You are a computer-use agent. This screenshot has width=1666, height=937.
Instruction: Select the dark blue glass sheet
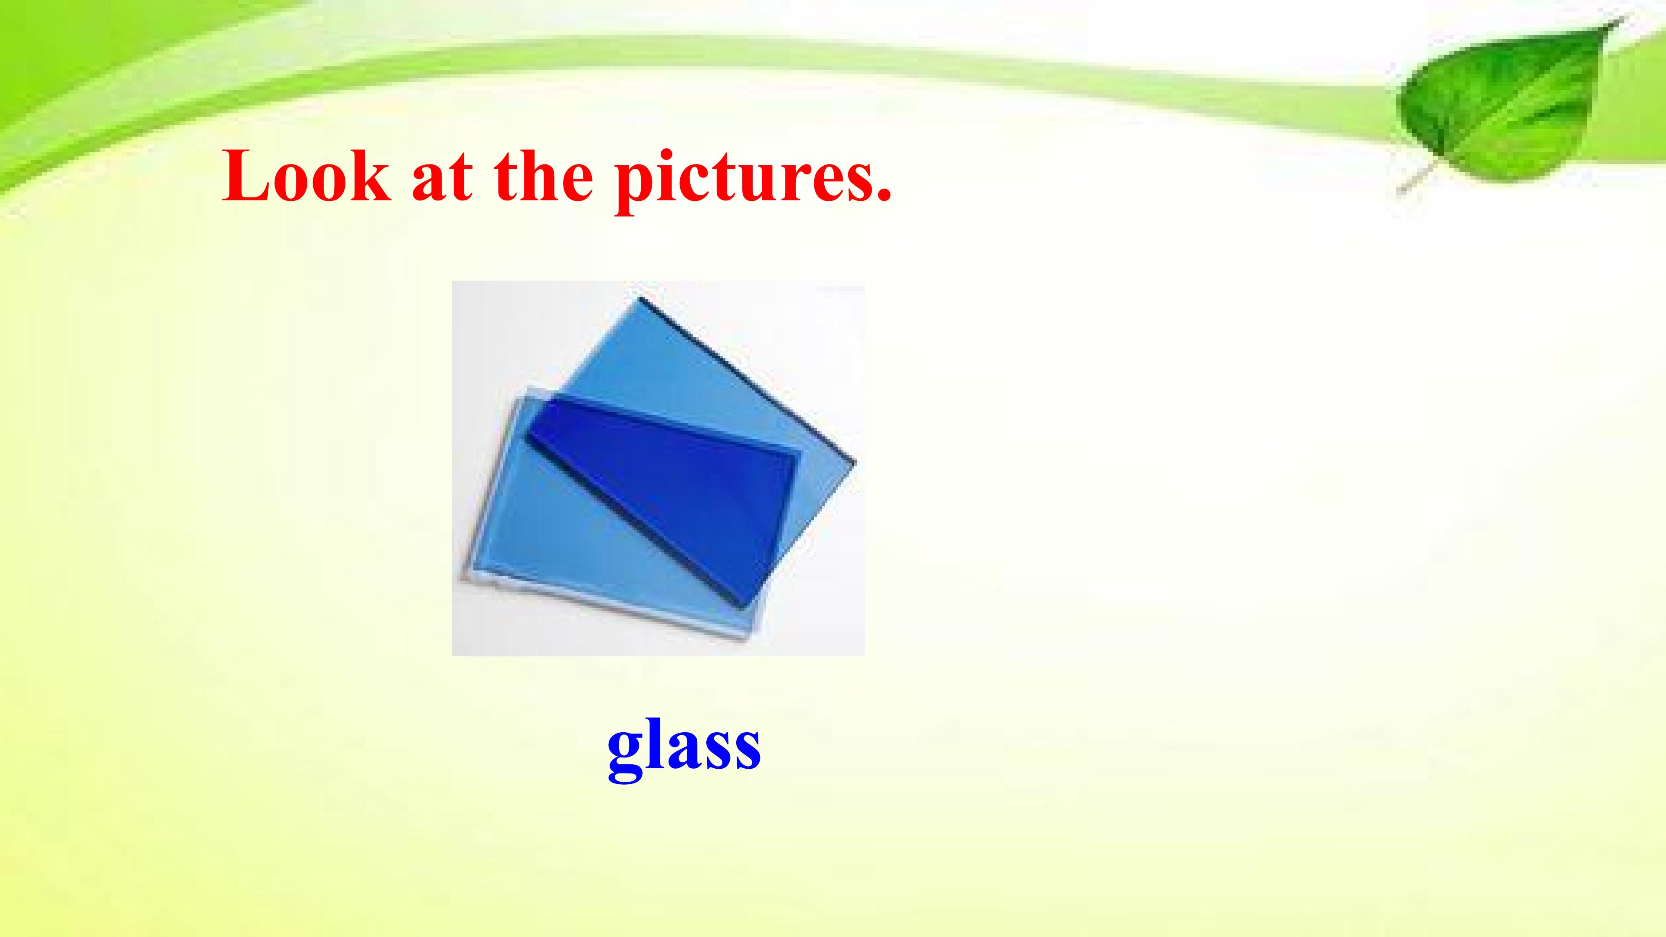coord(666,491)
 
